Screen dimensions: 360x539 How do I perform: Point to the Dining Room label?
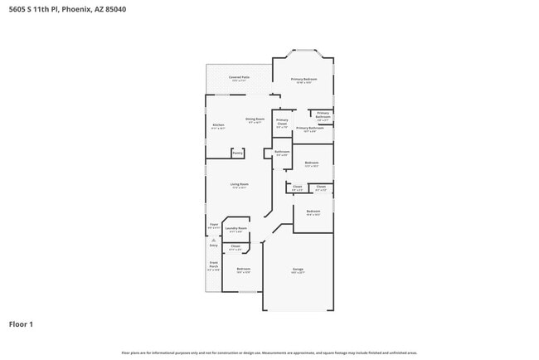(255, 120)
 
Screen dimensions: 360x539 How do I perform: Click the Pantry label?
(237, 153)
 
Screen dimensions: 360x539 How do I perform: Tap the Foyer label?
(213, 225)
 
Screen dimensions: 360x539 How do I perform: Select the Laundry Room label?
(237, 229)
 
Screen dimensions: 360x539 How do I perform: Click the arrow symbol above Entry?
(212, 241)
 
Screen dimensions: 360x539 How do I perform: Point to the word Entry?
(213, 246)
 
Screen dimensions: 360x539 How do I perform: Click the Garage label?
(298, 270)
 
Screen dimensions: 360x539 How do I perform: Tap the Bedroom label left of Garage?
(243, 270)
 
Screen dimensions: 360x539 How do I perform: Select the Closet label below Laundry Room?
(236, 247)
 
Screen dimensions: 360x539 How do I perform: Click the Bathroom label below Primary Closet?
(282, 153)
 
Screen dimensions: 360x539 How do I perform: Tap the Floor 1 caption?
(21, 324)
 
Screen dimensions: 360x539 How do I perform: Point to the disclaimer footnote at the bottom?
(269, 353)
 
